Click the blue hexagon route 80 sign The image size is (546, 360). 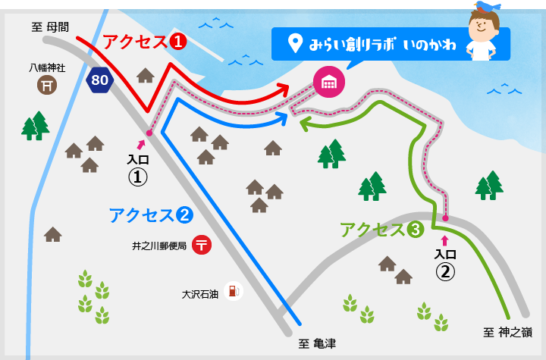(x=99, y=80)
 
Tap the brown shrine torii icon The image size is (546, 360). (x=48, y=86)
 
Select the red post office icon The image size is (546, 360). (x=202, y=246)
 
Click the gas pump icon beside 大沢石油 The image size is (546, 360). (x=234, y=291)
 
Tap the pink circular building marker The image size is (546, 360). (x=328, y=81)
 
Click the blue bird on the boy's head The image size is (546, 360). (x=487, y=6)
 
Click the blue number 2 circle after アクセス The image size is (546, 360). (x=184, y=215)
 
